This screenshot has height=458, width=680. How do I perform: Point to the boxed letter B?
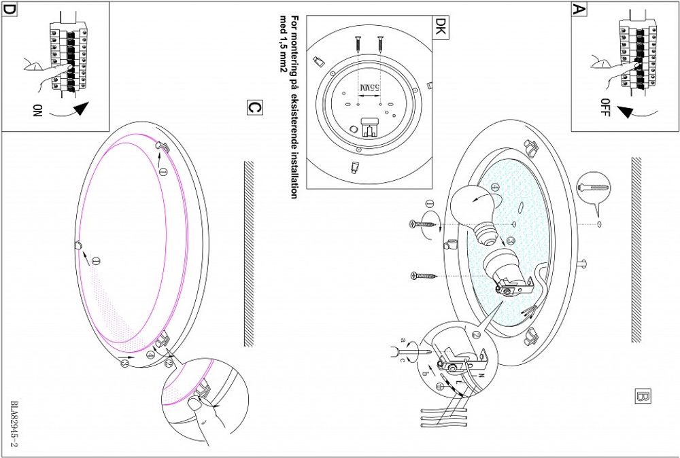point(643,396)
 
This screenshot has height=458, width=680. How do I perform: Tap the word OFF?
point(605,107)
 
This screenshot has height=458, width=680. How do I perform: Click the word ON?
point(37,110)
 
